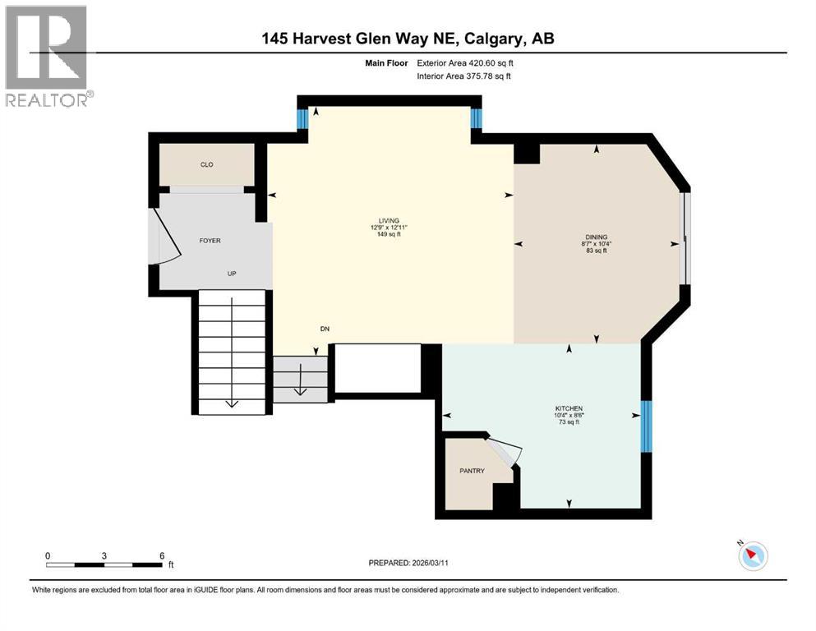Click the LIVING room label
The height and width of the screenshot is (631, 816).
click(x=389, y=220)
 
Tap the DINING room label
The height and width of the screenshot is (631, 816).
click(x=596, y=237)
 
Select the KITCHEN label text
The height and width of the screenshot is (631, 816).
click(x=569, y=408)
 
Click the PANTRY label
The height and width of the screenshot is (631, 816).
click(x=471, y=471)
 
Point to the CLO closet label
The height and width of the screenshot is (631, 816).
click(x=207, y=164)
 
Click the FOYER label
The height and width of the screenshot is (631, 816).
click(x=210, y=241)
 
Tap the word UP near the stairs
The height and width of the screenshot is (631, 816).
click(x=233, y=274)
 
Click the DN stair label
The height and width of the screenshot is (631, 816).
click(x=325, y=329)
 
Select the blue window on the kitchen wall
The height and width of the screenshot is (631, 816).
click(x=646, y=426)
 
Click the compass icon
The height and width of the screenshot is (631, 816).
click(x=752, y=556)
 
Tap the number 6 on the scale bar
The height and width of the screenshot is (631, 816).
click(x=162, y=555)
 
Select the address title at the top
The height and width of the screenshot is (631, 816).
click(x=408, y=38)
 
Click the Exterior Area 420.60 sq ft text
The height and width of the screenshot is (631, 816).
click(x=465, y=62)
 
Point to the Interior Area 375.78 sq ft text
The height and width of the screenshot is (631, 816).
click(x=464, y=76)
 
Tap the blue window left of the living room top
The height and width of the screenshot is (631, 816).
click(x=302, y=120)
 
